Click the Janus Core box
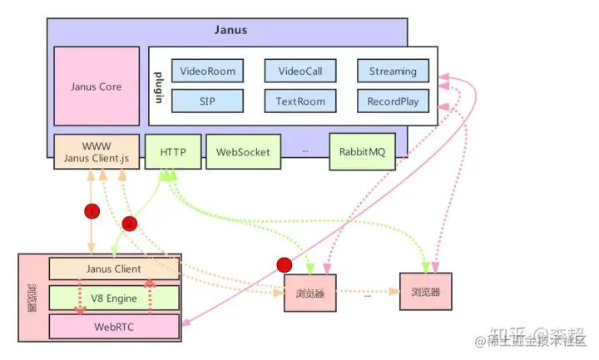coord(96,86)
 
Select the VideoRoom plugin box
coord(207,71)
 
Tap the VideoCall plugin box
coord(299,71)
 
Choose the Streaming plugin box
coord(393,71)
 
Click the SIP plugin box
coord(207,101)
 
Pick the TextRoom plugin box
coord(299,101)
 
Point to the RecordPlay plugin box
coord(393,101)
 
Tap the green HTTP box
coord(172,152)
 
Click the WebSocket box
coord(243,152)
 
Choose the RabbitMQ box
coord(362,152)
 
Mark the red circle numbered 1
coord(92,210)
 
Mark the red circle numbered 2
coord(129,223)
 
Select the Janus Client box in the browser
coord(113,269)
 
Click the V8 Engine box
coord(113,297)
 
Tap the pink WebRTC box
coord(113,326)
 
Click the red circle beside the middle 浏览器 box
coord(284,264)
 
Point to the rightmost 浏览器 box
coord(424,292)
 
